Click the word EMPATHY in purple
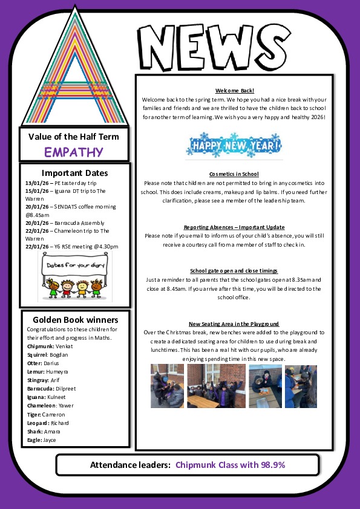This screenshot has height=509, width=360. click(74, 152)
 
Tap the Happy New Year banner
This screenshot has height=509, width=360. click(234, 146)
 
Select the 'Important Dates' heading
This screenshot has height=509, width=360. click(74, 172)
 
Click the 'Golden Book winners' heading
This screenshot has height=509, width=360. click(75, 320)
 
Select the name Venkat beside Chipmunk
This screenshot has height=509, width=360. click(64, 346)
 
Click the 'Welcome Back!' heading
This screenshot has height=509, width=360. click(234, 90)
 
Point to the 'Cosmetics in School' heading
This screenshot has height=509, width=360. click(234, 173)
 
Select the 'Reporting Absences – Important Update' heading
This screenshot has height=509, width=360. click(234, 227)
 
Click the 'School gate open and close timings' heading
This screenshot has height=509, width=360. click(234, 271)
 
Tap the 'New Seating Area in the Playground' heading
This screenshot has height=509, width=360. click(234, 324)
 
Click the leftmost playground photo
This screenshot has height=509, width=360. click(167, 386)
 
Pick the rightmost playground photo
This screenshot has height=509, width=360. click(301, 386)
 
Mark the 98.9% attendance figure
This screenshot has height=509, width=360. click(271, 465)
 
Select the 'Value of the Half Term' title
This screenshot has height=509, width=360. click(74, 136)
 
